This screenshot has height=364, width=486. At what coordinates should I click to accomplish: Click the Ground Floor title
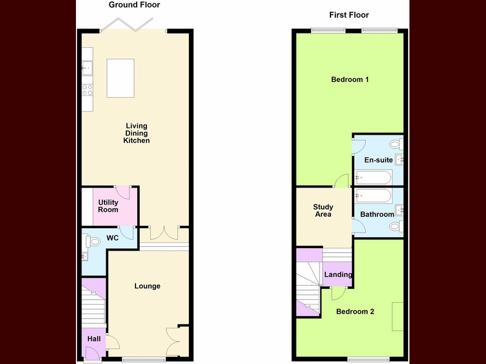pos(134,5)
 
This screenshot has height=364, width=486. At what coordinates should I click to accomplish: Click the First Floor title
pos(349,15)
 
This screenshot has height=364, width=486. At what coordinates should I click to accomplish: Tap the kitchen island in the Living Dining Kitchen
pos(120,78)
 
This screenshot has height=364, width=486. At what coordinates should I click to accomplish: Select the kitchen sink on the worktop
pos(87,68)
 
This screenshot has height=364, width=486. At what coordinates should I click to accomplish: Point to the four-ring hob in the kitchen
pos(87,90)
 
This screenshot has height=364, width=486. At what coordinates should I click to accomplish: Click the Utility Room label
pos(108,206)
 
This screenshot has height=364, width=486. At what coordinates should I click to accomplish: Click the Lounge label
pos(147,286)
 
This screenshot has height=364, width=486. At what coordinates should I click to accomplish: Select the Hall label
pos(94,339)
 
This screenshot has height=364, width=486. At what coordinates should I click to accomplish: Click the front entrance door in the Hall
pos(92,354)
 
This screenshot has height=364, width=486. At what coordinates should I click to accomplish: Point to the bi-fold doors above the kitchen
pos(126,25)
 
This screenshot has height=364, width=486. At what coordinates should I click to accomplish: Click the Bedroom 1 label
pos(350,79)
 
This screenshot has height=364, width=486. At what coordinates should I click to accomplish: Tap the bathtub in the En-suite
pos(374,177)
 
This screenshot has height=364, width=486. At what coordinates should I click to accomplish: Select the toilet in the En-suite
pos(397,144)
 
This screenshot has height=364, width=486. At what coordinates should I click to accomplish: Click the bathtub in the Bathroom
pos(374,196)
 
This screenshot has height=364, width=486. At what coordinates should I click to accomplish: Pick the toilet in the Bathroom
pos(397,226)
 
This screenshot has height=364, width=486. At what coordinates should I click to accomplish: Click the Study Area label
pos(323,211)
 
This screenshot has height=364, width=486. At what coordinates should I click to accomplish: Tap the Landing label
pos(338,275)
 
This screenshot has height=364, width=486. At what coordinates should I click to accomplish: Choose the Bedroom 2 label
pos(355,312)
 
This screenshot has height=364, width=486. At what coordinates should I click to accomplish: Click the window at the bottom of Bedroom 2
pos(368,359)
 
